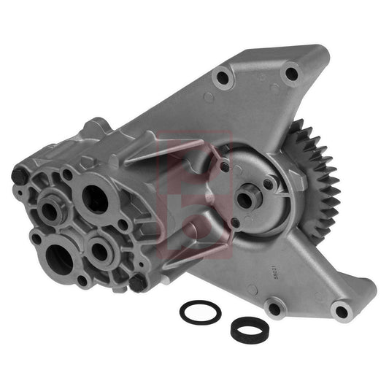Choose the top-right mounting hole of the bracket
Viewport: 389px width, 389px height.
[290, 73]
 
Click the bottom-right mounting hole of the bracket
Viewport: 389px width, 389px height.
[339, 312]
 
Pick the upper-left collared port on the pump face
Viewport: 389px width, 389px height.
[50, 210]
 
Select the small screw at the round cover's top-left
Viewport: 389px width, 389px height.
[226, 168]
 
